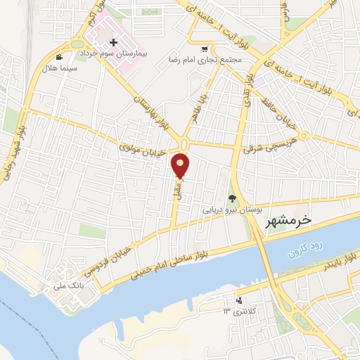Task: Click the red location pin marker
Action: pyautogui.click(x=181, y=165)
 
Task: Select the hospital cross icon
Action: pyautogui.click(x=114, y=43)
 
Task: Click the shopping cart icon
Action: pyautogui.click(x=205, y=49)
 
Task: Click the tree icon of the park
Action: pyautogui.click(x=233, y=198)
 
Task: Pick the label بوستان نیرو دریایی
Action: pyautogui.click(x=233, y=210)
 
